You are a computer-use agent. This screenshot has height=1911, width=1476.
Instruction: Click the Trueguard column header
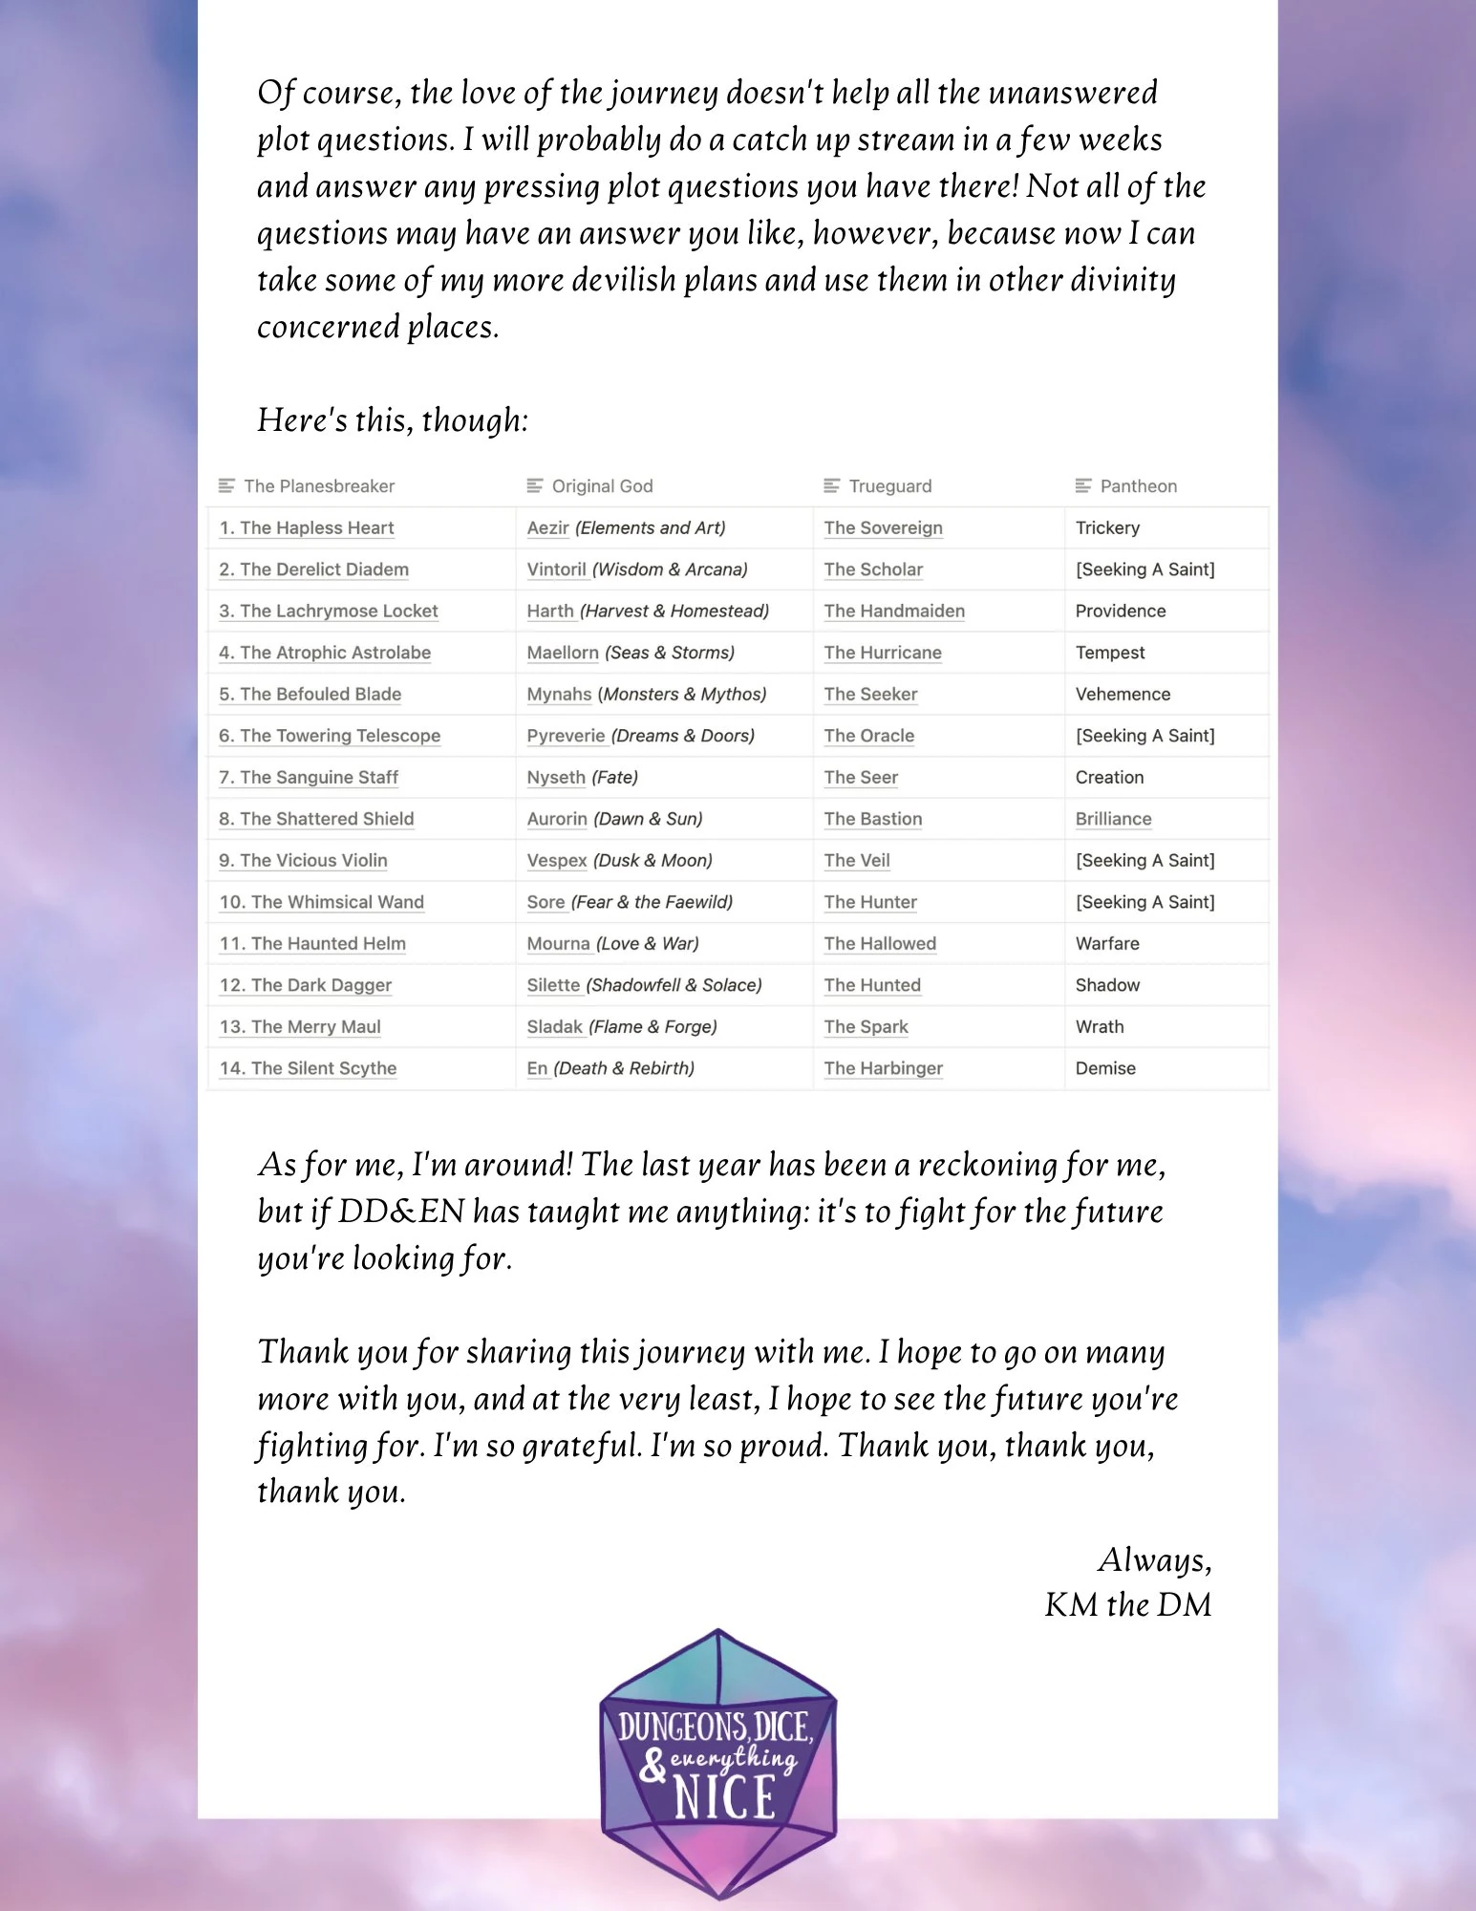889,486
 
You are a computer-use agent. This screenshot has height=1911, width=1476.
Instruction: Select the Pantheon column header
1138,486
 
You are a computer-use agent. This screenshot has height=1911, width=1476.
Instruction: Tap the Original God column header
602,486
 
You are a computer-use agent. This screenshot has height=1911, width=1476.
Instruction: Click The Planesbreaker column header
319,486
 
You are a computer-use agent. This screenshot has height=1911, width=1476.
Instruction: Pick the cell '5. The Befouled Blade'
310,695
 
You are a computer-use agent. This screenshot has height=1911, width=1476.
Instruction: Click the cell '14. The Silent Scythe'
308,1068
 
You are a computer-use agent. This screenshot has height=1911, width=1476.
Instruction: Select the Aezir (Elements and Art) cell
626,528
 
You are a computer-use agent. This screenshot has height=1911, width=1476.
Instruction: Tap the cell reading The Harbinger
883,1068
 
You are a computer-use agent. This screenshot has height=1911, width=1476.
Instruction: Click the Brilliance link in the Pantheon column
1113,819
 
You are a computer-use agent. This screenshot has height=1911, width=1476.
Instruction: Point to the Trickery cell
1107,528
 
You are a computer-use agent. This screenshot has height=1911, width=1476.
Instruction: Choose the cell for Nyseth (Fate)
582,778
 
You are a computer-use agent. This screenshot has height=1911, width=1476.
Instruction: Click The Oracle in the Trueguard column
868,736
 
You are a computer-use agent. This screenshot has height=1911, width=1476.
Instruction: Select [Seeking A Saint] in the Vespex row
1144,861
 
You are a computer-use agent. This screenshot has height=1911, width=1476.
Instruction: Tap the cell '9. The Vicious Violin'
303,861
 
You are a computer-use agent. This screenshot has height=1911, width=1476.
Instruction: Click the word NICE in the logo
724,1797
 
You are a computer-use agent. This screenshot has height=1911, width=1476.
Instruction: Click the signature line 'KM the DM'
1127,1605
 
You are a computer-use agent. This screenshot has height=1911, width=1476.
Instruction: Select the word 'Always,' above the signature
1154,1559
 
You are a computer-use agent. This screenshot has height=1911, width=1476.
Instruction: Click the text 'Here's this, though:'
393,420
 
